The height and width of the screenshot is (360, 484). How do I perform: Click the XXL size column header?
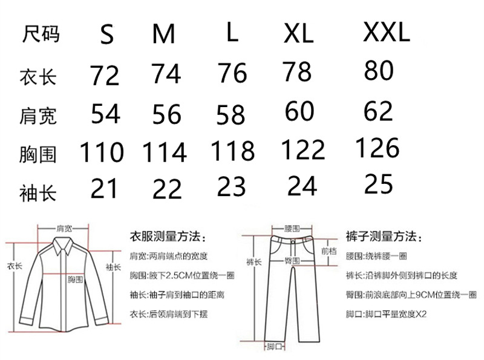click(x=387, y=32)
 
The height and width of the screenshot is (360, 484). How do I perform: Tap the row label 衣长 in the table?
click(x=38, y=77)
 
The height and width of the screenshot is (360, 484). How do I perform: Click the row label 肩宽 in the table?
click(x=38, y=115)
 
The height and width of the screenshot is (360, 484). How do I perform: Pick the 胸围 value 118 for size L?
click(x=232, y=151)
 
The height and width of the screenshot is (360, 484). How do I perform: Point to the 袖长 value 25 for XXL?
click(x=379, y=183)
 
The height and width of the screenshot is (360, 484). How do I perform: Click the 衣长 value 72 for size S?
click(x=105, y=76)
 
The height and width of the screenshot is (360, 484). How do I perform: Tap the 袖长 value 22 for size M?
click(x=167, y=189)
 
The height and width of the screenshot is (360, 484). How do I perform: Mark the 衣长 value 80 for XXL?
click(x=379, y=71)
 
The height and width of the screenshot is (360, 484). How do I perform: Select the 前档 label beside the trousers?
click(x=328, y=250)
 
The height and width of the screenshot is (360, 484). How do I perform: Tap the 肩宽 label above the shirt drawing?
click(x=64, y=229)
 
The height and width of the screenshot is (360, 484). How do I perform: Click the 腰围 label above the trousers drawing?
click(x=292, y=230)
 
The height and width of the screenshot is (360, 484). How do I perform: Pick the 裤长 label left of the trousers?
click(x=253, y=261)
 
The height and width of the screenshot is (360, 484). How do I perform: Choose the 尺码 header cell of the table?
click(x=41, y=34)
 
